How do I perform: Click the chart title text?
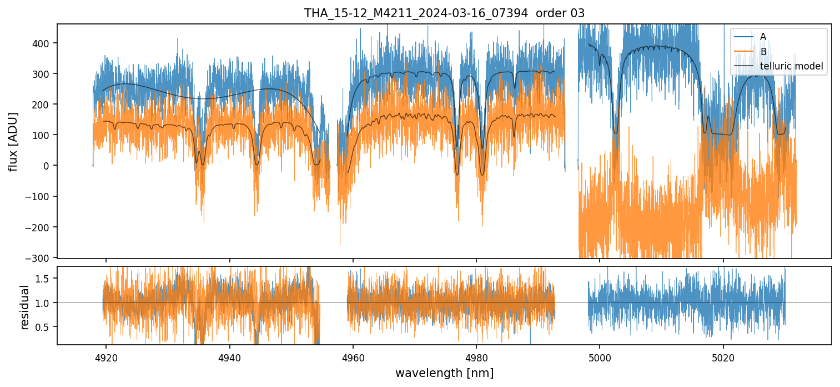coord(444,13)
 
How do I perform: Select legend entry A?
coord(763,37)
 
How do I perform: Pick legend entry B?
coord(763,52)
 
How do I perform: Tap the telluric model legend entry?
coord(791,67)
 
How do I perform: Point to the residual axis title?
coord(24,307)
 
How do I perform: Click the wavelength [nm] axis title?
coord(444,373)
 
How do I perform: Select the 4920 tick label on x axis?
coord(107,356)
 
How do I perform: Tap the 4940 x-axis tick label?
coord(230,356)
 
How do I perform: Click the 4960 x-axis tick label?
coord(353,356)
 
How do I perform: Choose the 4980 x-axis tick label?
coord(476,356)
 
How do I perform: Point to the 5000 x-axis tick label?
coord(600,356)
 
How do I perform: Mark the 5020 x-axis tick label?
coord(723,356)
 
